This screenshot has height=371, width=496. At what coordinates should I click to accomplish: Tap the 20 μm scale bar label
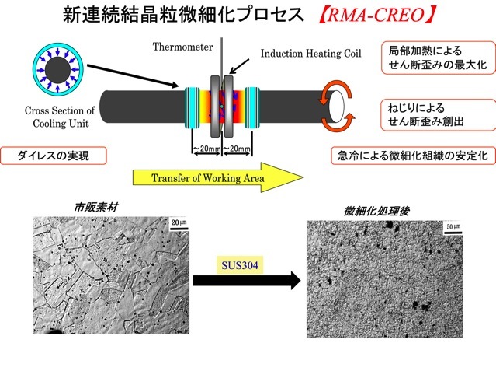pyautogui.click(x=177, y=223)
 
